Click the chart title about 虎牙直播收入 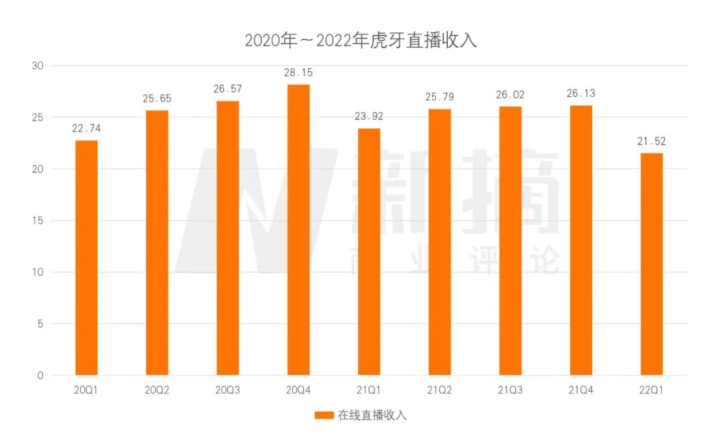click(x=360, y=40)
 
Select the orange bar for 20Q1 click(x=86, y=257)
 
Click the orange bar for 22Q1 click(x=651, y=264)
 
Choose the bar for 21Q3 click(x=510, y=241)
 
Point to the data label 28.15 click(x=298, y=73)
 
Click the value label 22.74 click(x=86, y=128)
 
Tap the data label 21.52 click(x=651, y=141)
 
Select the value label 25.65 click(x=157, y=99)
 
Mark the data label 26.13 click(x=581, y=94)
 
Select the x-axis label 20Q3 click(x=227, y=390)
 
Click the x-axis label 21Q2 click(x=440, y=390)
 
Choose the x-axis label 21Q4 click(x=581, y=390)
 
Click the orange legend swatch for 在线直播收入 click(x=324, y=415)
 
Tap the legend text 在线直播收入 click(x=372, y=415)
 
